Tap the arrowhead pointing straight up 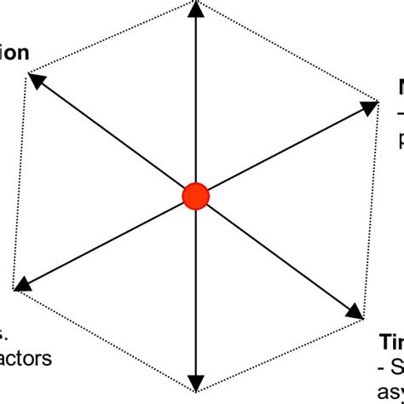click(196, 9)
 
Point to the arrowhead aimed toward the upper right click(367, 107)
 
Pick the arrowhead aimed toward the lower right click(355, 310)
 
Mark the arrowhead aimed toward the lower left click(23, 285)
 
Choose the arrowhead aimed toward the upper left click(37, 81)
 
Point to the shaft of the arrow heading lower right click(277, 254)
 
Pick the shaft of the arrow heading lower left click(107, 241)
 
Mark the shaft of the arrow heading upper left click(115, 137)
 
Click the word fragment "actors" click(26, 358)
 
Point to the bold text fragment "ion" click(14, 53)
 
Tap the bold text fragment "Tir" click(391, 343)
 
